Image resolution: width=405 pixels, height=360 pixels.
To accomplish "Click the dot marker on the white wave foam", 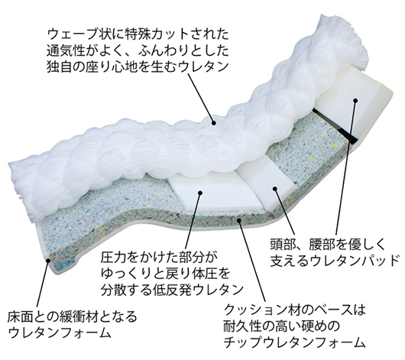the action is (x=213, y=123).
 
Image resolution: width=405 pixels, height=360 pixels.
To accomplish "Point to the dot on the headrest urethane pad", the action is (x=355, y=101).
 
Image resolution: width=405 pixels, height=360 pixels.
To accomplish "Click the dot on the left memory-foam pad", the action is (x=200, y=193).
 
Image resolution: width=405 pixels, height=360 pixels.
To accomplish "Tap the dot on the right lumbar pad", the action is (x=275, y=189).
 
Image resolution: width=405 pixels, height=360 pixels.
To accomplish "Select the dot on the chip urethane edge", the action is (x=239, y=220).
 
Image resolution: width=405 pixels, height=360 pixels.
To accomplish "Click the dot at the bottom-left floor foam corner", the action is (x=48, y=261).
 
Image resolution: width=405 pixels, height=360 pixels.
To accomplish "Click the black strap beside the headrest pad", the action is (x=335, y=125).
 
